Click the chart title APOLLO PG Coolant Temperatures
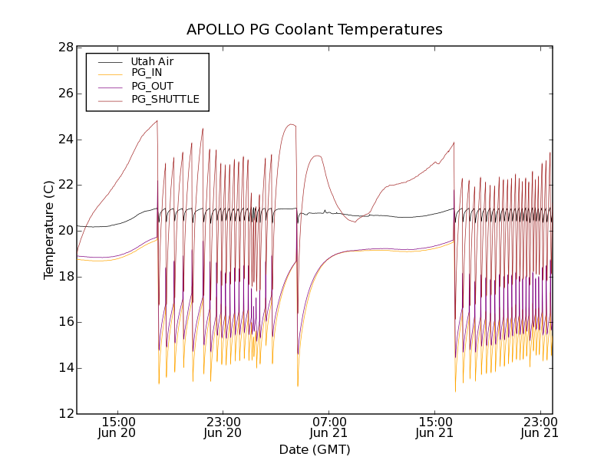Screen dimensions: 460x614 pyautogui.click(x=315, y=30)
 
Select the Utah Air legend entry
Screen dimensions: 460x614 pyautogui.click(x=152, y=61)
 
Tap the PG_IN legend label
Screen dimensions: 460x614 pyautogui.click(x=147, y=73)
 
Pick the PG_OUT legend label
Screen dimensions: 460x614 pyautogui.click(x=152, y=86)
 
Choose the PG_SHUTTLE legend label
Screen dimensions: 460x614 pyautogui.click(x=165, y=99)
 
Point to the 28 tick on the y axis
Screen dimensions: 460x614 pyautogui.click(x=64, y=48)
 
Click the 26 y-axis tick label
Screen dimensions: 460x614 pyautogui.click(x=64, y=94)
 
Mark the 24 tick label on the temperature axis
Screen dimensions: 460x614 pyautogui.click(x=64, y=140)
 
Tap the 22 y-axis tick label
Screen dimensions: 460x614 pyautogui.click(x=64, y=185)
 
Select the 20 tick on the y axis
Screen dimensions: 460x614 pyautogui.click(x=64, y=231)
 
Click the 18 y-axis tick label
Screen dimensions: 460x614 pyautogui.click(x=64, y=277)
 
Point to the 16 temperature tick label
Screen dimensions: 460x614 pyautogui.click(x=64, y=322)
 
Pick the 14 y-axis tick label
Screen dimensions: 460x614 pyautogui.click(x=64, y=368)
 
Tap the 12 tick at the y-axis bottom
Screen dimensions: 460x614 pyautogui.click(x=64, y=414)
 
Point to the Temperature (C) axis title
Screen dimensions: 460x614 pyautogui.click(x=49, y=230)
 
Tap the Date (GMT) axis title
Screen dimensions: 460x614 pyautogui.click(x=315, y=449)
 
